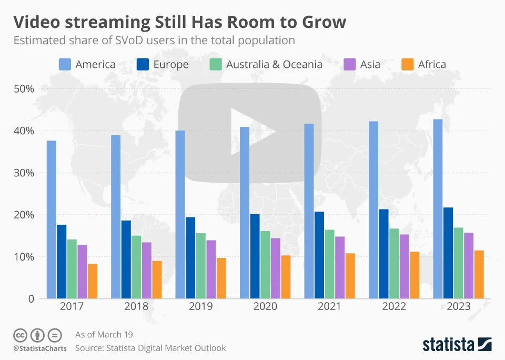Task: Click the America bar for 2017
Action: (51, 219)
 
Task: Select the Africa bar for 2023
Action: (479, 274)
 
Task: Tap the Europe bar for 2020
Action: (255, 256)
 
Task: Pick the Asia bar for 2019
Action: (210, 269)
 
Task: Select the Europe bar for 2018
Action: (126, 259)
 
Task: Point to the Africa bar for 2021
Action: (350, 276)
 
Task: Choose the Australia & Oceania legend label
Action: (274, 64)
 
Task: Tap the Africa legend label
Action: (432, 64)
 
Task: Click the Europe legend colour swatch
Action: (143, 64)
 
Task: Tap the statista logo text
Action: (448, 345)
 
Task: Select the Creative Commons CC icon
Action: (20, 335)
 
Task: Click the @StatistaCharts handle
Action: (39, 348)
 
